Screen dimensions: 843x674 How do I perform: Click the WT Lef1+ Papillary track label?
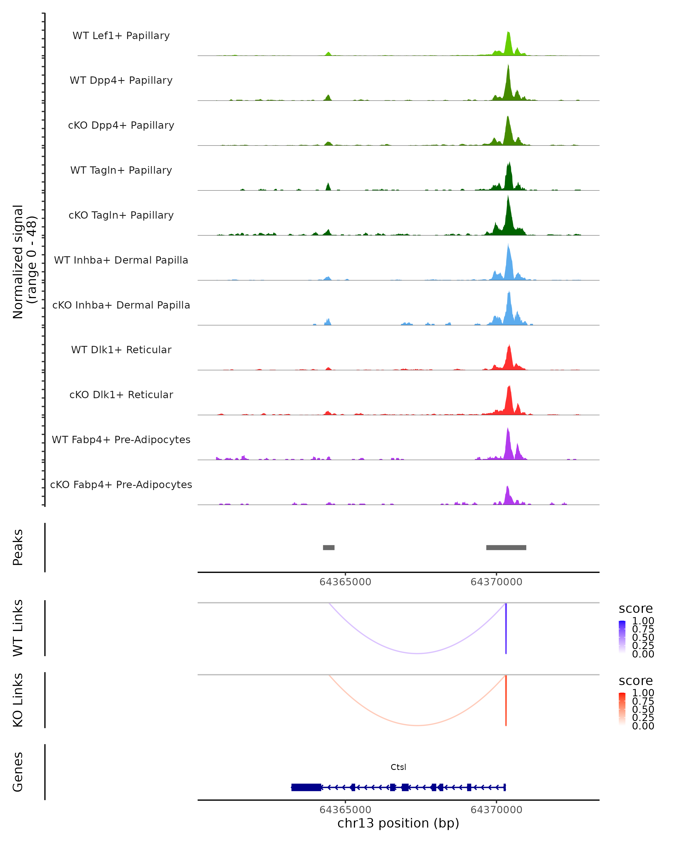pos(121,36)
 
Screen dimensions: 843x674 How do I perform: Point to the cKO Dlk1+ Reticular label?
pos(121,395)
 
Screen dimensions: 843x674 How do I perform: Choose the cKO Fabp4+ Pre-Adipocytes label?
pos(121,484)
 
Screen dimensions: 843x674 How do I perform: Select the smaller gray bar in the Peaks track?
pos(329,547)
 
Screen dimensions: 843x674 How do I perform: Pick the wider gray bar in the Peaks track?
pos(506,547)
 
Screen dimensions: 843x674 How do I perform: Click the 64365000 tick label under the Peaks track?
pos(345,582)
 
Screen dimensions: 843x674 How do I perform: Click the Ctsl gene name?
pos(398,767)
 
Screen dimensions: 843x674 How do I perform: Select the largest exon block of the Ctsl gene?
pos(306,787)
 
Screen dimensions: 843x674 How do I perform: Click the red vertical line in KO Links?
pos(506,700)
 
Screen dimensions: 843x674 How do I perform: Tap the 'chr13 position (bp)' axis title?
pos(398,823)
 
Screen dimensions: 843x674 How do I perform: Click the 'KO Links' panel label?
pos(18,700)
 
